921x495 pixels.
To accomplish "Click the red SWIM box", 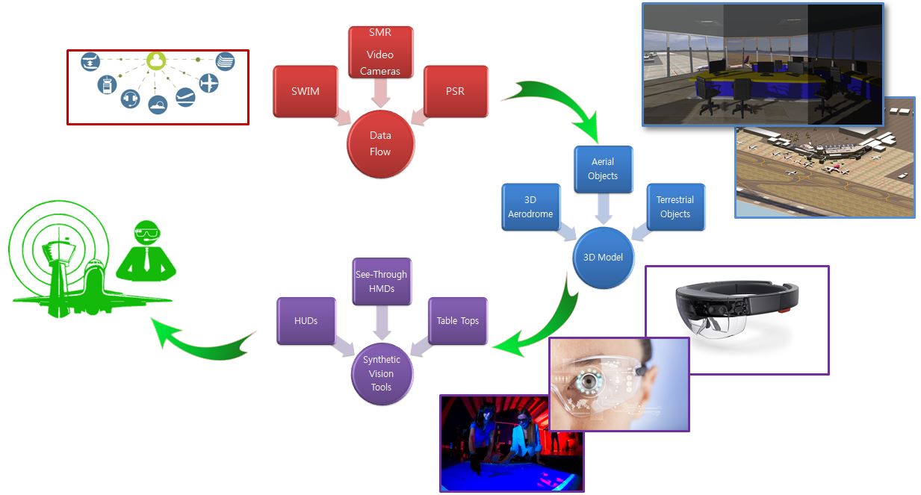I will point(306,91).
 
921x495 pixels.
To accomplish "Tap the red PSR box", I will point(456,91).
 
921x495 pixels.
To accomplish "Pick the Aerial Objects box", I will point(603,169).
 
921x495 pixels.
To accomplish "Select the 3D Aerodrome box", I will point(530,207).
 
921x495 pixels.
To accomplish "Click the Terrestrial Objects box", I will point(675,207).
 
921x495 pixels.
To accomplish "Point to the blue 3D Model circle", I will point(603,258).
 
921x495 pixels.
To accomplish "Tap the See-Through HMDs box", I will point(381,281).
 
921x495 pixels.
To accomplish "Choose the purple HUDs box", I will point(306,321).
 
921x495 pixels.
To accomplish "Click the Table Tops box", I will point(457,321).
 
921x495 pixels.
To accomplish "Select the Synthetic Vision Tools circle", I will point(382,373).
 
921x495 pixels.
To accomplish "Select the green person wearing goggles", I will point(147,249).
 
